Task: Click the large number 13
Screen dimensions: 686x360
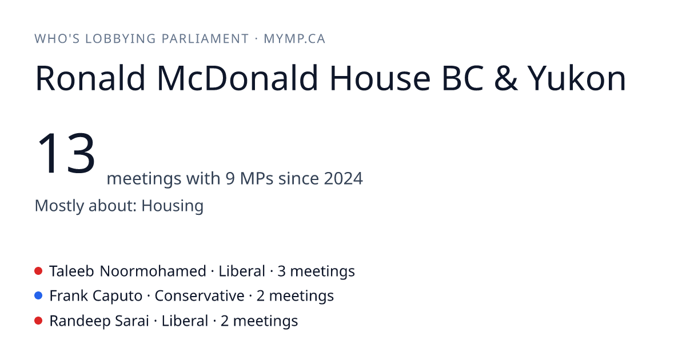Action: pyautogui.click(x=66, y=153)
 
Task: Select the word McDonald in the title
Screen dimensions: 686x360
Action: pyautogui.click(x=237, y=78)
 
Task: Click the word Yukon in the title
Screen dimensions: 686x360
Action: pyautogui.click(x=577, y=78)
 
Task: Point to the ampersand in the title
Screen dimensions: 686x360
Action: pyautogui.click(x=505, y=78)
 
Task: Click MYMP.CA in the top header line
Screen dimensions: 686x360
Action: pyautogui.click(x=294, y=39)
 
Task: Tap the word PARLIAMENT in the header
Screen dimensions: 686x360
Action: pyautogui.click(x=205, y=39)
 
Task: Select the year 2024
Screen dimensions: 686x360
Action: pyautogui.click(x=344, y=178)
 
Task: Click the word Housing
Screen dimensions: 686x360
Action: pyautogui.click(x=173, y=206)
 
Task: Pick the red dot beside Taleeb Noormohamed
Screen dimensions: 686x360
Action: pyautogui.click(x=38, y=271)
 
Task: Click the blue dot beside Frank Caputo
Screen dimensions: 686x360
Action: pyautogui.click(x=38, y=296)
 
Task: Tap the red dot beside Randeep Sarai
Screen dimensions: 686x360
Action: pyautogui.click(x=38, y=321)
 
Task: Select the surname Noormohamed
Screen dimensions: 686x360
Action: pyautogui.click(x=153, y=271)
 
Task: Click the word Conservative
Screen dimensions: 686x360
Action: pyautogui.click(x=200, y=296)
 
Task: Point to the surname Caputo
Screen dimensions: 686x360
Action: pyautogui.click(x=117, y=297)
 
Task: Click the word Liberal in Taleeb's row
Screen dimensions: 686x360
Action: pyautogui.click(x=242, y=271)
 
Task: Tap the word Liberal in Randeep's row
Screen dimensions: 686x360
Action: pyautogui.click(x=185, y=321)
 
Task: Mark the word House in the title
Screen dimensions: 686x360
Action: pyautogui.click(x=380, y=78)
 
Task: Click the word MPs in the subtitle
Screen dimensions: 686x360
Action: pyautogui.click(x=256, y=178)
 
